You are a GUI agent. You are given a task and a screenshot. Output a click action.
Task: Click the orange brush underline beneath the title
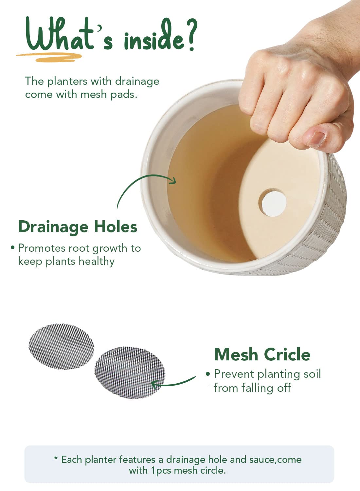(49, 57)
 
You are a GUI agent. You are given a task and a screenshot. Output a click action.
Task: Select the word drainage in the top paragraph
(137, 82)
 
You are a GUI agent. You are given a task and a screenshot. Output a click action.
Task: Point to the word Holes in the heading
(116, 227)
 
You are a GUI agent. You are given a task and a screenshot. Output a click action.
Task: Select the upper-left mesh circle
(61, 347)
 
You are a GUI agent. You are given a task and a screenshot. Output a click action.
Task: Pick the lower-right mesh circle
(130, 373)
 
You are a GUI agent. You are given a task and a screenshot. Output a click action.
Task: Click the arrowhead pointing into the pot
(173, 180)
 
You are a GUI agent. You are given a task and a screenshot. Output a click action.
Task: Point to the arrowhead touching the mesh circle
(154, 385)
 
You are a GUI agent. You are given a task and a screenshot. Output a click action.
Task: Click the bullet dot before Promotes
(12, 247)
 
